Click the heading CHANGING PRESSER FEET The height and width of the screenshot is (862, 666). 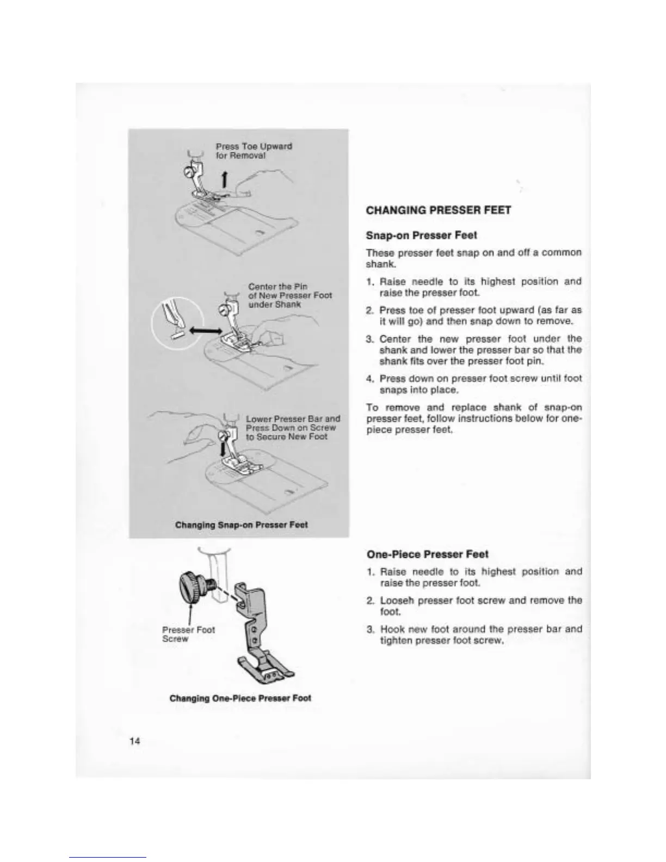(x=439, y=210)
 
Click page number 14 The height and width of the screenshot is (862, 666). (x=135, y=741)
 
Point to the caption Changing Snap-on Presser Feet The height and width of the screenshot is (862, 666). (x=241, y=525)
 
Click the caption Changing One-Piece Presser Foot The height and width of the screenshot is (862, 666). (x=240, y=698)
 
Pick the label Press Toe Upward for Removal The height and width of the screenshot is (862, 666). (x=254, y=151)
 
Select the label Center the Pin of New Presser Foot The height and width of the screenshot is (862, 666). (x=289, y=295)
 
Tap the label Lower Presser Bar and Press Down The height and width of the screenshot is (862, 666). (x=293, y=427)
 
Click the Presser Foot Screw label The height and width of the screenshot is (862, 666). (x=188, y=634)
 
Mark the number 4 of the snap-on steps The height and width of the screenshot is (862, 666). (x=369, y=378)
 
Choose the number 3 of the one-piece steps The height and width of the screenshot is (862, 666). (x=369, y=629)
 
